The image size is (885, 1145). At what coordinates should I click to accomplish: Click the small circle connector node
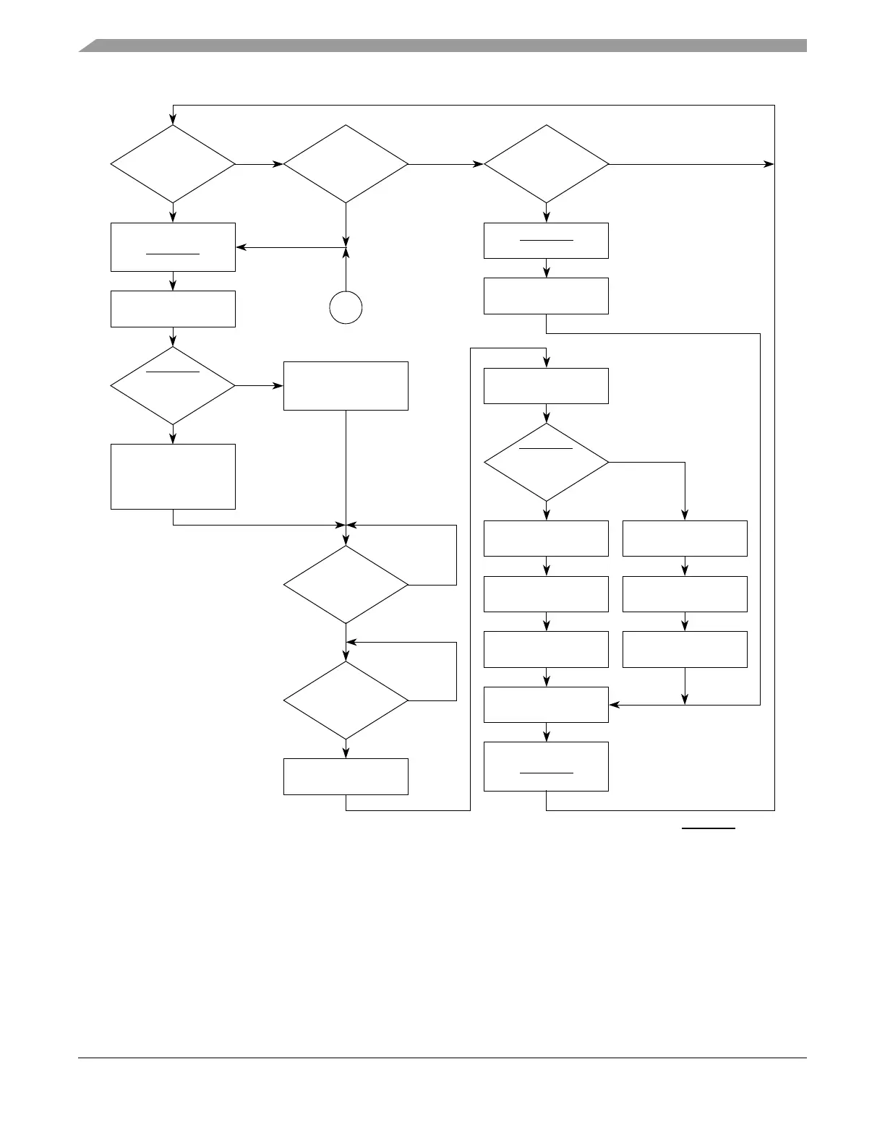click(x=346, y=307)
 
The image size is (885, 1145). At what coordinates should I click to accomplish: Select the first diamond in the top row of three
click(x=173, y=164)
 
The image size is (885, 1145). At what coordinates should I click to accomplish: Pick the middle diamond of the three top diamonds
click(x=346, y=164)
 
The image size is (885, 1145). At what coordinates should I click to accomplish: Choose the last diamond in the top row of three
click(x=546, y=164)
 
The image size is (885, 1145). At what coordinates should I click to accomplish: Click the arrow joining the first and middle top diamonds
click(x=259, y=164)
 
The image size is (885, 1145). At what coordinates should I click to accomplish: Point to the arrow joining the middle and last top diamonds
click(x=445, y=164)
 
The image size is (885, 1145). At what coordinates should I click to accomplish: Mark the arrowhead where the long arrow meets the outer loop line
click(x=769, y=164)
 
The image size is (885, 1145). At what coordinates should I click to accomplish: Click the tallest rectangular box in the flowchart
click(x=173, y=476)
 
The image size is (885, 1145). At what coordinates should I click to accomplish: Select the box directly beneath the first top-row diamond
click(x=173, y=247)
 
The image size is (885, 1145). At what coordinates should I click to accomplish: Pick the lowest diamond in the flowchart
click(x=346, y=700)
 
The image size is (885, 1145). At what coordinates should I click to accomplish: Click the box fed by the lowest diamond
click(x=346, y=776)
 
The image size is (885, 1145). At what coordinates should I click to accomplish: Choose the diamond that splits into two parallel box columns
click(x=546, y=462)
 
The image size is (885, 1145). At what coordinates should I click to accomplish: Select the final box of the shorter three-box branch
click(x=684, y=649)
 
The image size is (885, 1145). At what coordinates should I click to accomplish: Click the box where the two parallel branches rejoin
click(x=546, y=704)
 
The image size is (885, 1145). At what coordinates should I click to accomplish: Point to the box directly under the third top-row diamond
click(x=546, y=241)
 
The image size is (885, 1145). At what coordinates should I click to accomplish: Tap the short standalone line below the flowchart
click(x=709, y=828)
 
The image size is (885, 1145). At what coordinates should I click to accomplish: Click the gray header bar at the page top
click(x=442, y=46)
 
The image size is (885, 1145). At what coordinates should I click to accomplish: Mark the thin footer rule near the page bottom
click(x=442, y=1058)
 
